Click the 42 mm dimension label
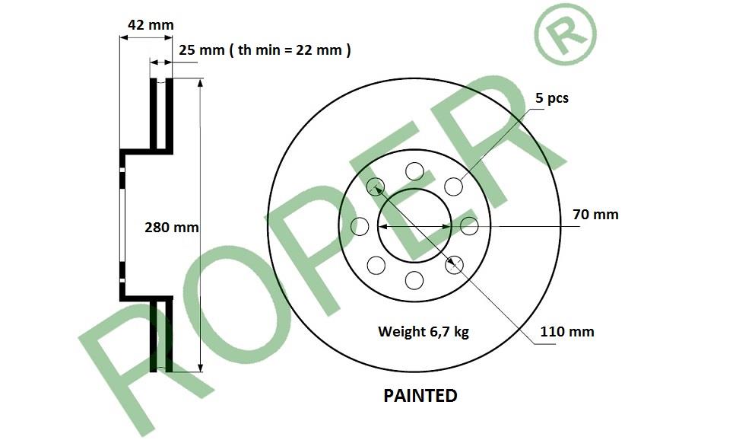point(151,24)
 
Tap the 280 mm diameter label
point(171,228)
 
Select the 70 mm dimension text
point(595,215)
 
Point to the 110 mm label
point(567,331)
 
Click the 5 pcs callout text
point(551,97)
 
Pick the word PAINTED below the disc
point(420,396)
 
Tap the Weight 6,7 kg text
point(424,331)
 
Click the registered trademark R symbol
point(566,33)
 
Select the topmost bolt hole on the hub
point(414,171)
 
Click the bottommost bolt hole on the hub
point(414,280)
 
